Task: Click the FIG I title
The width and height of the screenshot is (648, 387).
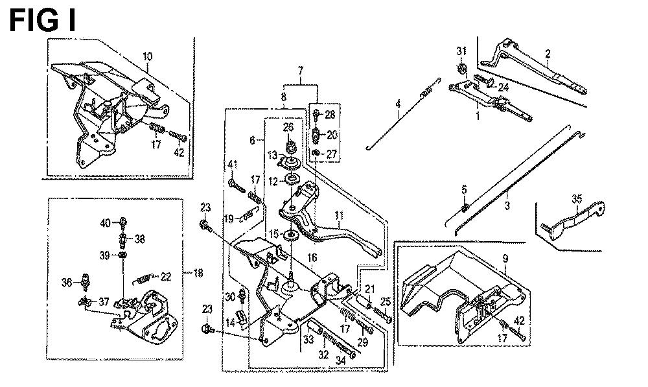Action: pyautogui.click(x=43, y=21)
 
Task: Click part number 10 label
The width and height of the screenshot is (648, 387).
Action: pyautogui.click(x=148, y=56)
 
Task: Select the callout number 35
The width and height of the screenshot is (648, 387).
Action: pyautogui.click(x=577, y=199)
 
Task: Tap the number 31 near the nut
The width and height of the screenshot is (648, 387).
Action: pyautogui.click(x=461, y=51)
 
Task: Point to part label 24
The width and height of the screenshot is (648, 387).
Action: pyautogui.click(x=503, y=88)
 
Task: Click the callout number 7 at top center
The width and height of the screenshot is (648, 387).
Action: pyautogui.click(x=301, y=71)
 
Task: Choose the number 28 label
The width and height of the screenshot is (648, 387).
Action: pyautogui.click(x=330, y=115)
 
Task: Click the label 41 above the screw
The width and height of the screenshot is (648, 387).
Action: pyautogui.click(x=232, y=165)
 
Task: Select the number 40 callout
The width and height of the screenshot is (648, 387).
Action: pyautogui.click(x=106, y=223)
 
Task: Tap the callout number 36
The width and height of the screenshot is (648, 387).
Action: pyautogui.click(x=67, y=283)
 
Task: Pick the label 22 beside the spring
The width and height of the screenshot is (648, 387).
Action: pyautogui.click(x=166, y=277)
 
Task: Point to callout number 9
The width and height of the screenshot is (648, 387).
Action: pyautogui.click(x=505, y=259)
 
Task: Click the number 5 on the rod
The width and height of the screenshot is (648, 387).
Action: pyautogui.click(x=464, y=190)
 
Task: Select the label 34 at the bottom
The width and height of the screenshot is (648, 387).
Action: pyautogui.click(x=341, y=360)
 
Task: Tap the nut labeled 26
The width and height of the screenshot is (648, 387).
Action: pyautogui.click(x=289, y=147)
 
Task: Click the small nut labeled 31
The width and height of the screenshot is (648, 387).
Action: pyautogui.click(x=462, y=67)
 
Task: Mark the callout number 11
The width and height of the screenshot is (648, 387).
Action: pyautogui.click(x=340, y=216)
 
